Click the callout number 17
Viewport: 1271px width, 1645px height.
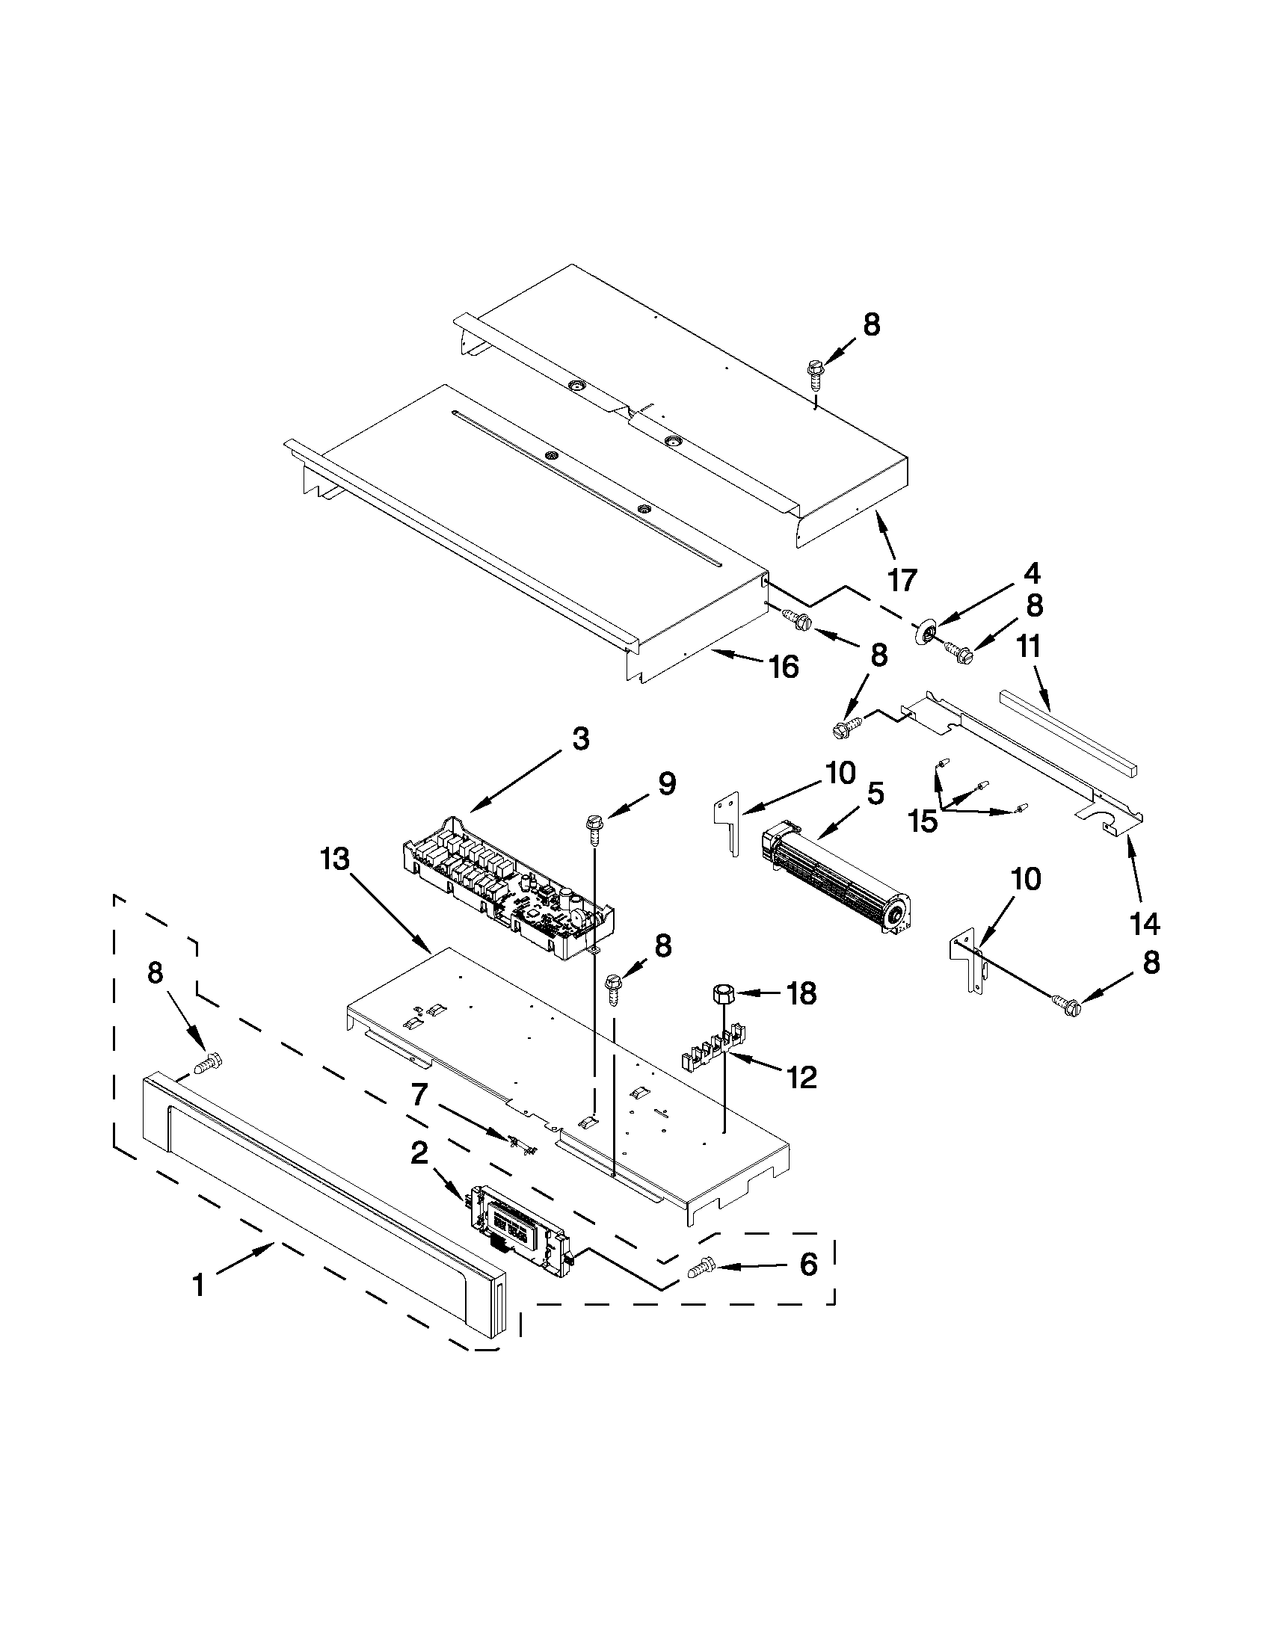point(902,580)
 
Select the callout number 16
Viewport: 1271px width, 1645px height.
point(784,666)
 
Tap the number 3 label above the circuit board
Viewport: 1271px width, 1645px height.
point(579,739)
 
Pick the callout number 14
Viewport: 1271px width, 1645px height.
point(1142,922)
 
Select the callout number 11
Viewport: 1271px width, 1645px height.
point(1030,646)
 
